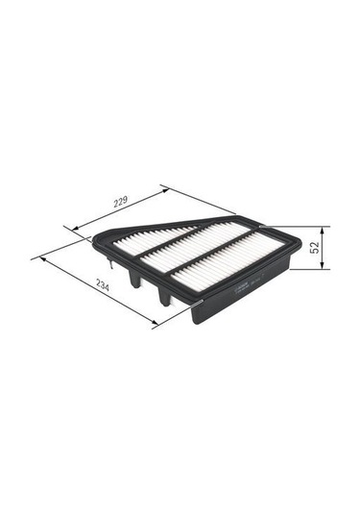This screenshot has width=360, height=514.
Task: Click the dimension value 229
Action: [121, 203]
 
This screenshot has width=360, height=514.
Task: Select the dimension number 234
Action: [102, 286]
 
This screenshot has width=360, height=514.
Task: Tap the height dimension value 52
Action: [314, 248]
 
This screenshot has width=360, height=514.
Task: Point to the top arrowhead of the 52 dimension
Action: [322, 231]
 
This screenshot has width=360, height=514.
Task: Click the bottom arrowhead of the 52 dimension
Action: [322, 265]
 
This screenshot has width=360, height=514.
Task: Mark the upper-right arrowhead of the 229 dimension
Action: [165, 190]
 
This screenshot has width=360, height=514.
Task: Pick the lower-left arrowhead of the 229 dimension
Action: [76, 228]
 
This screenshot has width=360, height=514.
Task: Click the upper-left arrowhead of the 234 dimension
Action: [43, 259]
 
